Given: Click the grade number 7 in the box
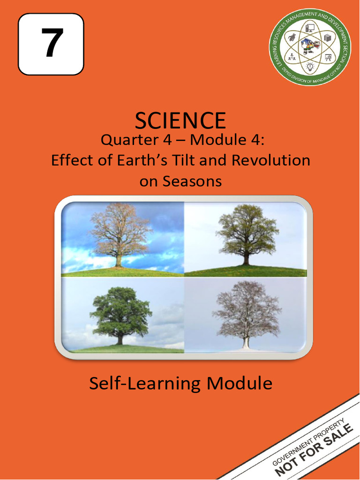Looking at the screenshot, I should click(51, 44).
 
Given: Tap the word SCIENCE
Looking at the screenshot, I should click(180, 120).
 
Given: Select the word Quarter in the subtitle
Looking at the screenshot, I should click(123, 140).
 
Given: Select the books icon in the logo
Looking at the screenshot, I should click(328, 37).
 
